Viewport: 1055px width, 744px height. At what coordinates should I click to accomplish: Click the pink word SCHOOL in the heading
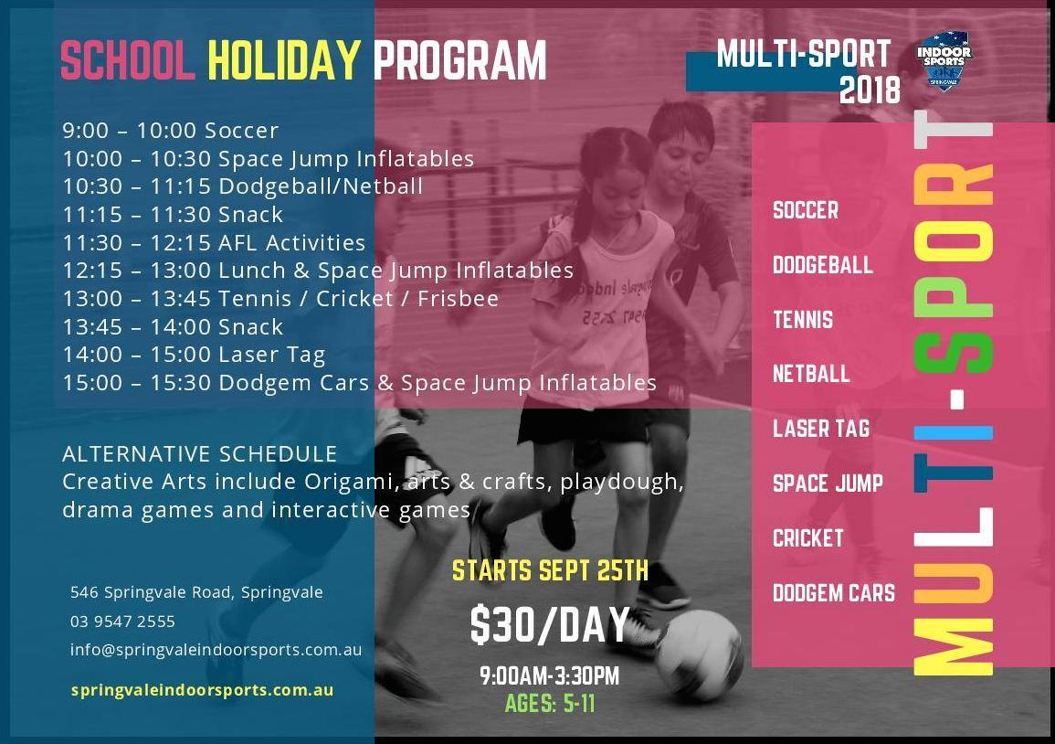click(127, 60)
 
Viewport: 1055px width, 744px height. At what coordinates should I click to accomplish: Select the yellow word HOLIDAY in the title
click(285, 60)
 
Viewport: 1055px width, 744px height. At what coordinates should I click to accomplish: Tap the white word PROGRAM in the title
click(459, 60)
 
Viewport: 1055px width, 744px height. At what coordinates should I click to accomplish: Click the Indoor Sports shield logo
click(944, 60)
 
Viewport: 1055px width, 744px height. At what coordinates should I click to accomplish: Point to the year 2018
click(870, 90)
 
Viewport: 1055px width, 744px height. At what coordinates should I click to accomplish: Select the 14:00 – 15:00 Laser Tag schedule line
click(194, 355)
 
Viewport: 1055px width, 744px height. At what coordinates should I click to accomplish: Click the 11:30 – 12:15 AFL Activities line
click(214, 242)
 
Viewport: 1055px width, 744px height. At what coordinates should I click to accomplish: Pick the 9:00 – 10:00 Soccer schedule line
click(170, 130)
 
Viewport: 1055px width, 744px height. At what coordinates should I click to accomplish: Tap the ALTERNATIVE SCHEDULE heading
click(199, 454)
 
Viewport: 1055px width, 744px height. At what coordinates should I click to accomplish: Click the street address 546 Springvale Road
click(196, 592)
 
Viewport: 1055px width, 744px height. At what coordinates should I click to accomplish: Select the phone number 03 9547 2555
click(122, 621)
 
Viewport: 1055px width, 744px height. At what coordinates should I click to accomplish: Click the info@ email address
click(216, 650)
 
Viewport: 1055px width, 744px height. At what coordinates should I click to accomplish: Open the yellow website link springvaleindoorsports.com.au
click(202, 690)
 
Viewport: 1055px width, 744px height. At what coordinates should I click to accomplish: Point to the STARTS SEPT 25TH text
click(550, 571)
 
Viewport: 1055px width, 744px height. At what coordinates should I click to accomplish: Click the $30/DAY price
click(550, 625)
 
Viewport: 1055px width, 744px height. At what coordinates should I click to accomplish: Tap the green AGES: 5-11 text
click(550, 704)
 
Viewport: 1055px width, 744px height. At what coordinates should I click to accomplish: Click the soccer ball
click(699, 655)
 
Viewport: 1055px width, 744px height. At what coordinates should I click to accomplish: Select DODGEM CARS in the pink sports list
click(834, 593)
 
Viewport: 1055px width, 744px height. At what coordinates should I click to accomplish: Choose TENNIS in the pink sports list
click(803, 320)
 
